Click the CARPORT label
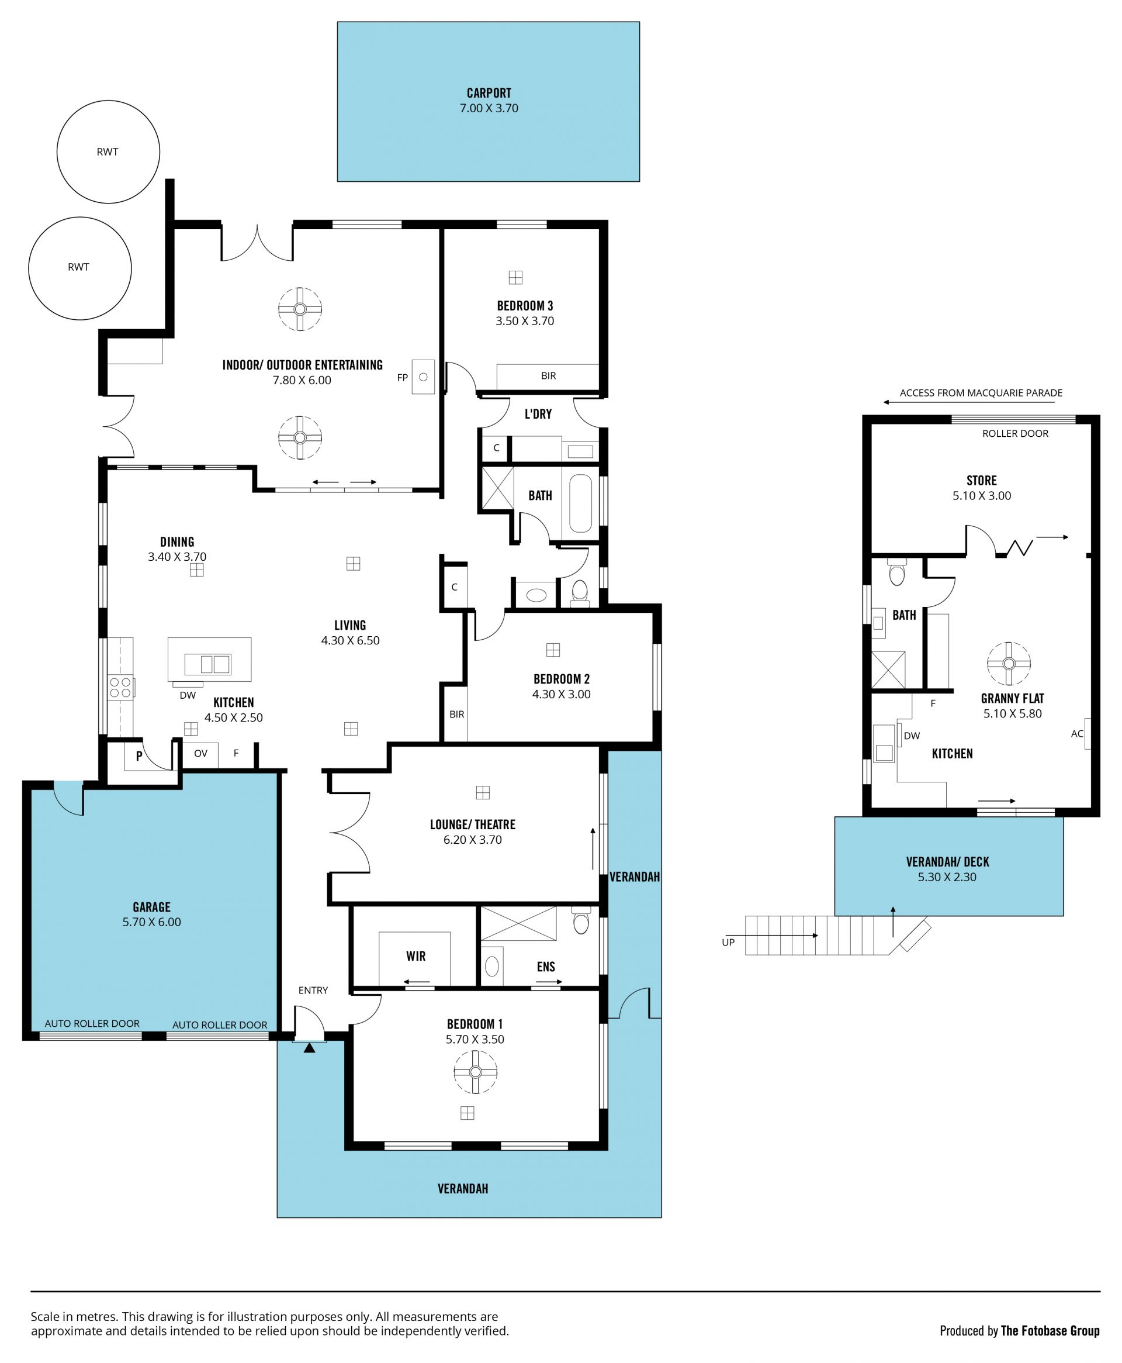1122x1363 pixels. click(489, 93)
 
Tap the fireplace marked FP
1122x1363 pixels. click(423, 377)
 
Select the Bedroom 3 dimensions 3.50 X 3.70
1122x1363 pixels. click(525, 322)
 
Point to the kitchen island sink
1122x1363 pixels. click(207, 664)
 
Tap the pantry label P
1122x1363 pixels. click(139, 755)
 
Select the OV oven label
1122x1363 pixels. click(201, 753)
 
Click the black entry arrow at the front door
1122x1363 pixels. click(310, 1048)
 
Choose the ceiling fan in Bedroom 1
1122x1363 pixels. click(476, 1072)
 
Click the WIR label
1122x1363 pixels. click(415, 956)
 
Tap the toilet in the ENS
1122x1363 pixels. click(581, 921)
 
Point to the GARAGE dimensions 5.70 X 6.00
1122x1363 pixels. click(152, 922)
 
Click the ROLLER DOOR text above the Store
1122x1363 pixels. click(1016, 434)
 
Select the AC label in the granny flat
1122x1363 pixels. click(1077, 734)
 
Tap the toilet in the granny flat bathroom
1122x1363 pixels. click(896, 572)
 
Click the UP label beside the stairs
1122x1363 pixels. click(728, 942)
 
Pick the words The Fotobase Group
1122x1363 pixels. click(1050, 1326)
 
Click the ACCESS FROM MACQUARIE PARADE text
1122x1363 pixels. click(981, 393)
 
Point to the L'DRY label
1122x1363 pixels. click(538, 415)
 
